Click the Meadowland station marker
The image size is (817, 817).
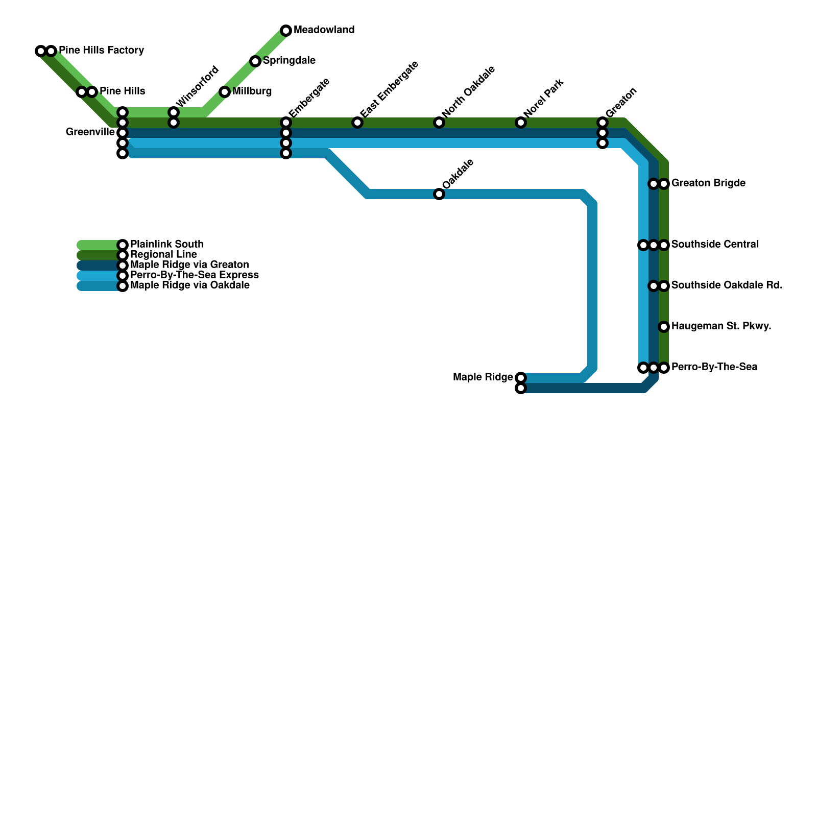[x=286, y=31]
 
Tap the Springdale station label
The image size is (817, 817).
[x=289, y=61]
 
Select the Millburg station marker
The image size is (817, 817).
[x=225, y=92]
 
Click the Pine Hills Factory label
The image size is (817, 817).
[x=101, y=51]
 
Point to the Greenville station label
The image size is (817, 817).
[x=90, y=132]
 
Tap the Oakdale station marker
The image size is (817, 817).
[x=439, y=194]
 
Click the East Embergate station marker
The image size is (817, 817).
[x=357, y=123]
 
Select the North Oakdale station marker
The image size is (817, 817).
[x=439, y=123]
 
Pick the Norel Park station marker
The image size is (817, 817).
[x=521, y=123]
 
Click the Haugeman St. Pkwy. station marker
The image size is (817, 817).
[x=664, y=327]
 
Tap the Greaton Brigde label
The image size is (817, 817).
[x=708, y=183]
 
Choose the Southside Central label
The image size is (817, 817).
[x=714, y=244]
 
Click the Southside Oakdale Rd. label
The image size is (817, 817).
[x=727, y=285]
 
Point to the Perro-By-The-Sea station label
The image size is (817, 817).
[x=714, y=367]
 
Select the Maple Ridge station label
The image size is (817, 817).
[x=483, y=377]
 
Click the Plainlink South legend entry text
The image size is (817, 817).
[x=166, y=244]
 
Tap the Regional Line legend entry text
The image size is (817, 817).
[x=163, y=254]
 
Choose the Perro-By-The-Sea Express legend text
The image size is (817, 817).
[x=194, y=275]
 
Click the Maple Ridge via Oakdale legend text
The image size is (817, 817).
[x=189, y=285]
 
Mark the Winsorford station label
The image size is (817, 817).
[x=198, y=85]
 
